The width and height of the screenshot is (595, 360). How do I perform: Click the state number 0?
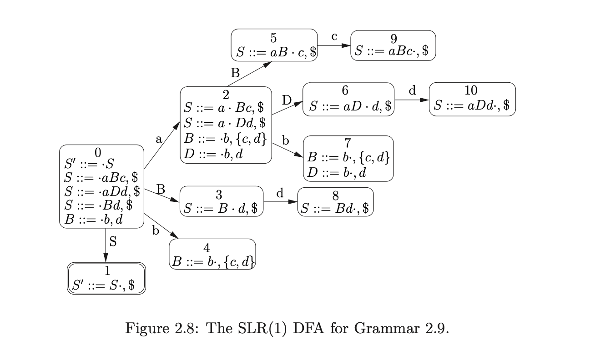click(98, 152)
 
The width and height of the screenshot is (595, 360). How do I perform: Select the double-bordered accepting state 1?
click(107, 279)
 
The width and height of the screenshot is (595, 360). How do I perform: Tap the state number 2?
click(226, 95)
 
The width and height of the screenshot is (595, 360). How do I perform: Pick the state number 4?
click(207, 248)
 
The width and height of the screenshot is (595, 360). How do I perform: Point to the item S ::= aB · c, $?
click(274, 52)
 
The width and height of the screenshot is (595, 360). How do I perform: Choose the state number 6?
click(345, 90)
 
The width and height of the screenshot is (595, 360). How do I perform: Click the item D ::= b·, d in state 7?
click(336, 173)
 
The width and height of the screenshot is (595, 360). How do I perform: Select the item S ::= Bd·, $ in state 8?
click(335, 208)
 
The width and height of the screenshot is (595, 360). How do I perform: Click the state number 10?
click(471, 90)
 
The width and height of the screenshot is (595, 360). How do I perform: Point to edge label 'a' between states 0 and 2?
click(159, 140)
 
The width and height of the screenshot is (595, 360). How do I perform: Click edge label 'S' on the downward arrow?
click(113, 241)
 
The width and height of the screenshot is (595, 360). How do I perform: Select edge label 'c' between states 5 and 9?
click(334, 37)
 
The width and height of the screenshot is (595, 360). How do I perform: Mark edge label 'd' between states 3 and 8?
click(280, 193)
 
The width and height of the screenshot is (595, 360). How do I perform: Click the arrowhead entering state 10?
click(425, 99)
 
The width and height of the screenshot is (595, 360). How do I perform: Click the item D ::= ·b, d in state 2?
click(213, 154)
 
